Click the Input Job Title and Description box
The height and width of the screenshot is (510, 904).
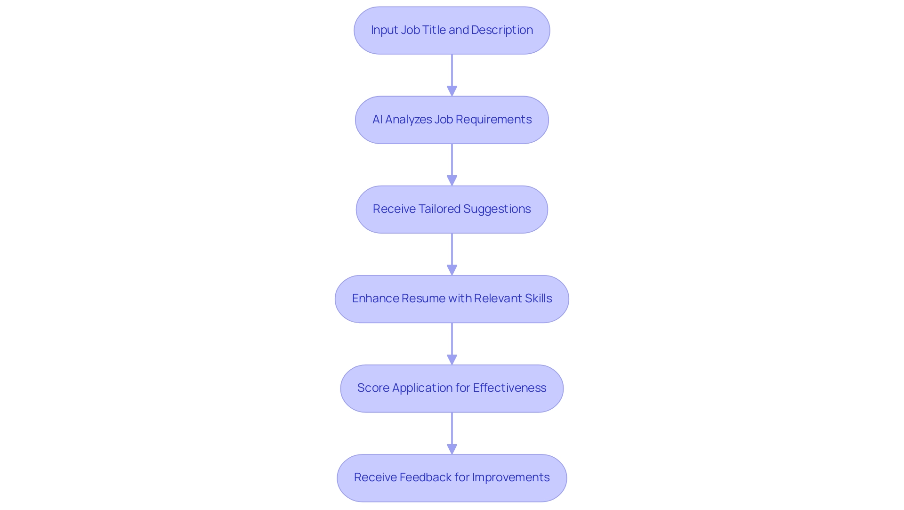coord(452,30)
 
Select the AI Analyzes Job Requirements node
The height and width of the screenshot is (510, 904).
coord(452,120)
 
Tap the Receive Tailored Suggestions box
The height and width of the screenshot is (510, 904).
coord(452,209)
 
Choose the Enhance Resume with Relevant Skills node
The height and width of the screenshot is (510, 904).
coord(452,299)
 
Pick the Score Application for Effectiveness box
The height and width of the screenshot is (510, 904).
coord(452,388)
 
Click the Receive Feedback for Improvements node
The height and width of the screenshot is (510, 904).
coord(452,478)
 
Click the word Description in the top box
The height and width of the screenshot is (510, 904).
coord(502,30)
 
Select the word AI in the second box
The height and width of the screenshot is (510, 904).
coord(377,120)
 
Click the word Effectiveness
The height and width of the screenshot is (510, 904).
coord(509,388)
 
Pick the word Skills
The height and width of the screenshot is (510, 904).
coord(538,299)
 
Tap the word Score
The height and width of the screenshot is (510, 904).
coord(373,388)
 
